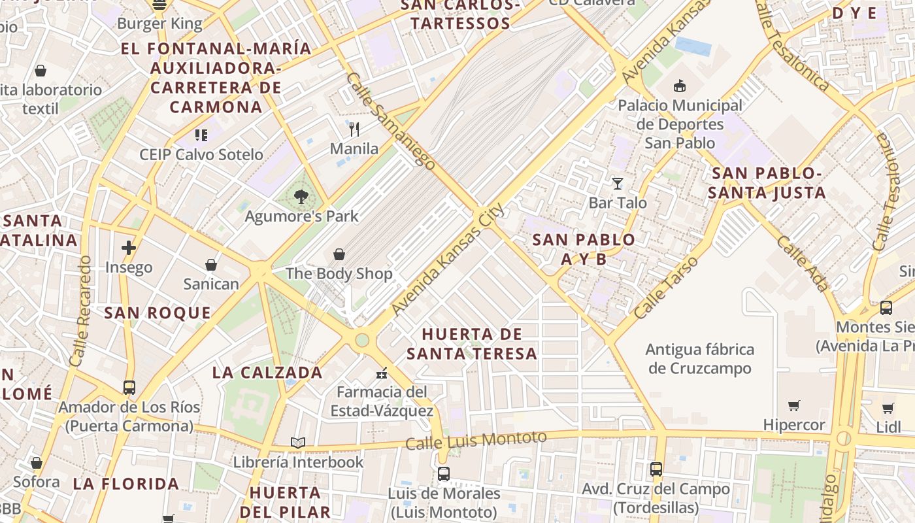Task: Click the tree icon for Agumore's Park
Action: tap(301, 196)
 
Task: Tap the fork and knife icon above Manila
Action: tap(354, 129)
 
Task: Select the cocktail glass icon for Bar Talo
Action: tap(617, 183)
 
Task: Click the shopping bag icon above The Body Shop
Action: tap(339, 254)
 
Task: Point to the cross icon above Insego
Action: tap(129, 248)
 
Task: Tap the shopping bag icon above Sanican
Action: tap(210, 265)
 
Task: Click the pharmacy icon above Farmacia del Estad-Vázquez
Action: tap(382, 373)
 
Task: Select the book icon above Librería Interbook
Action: tap(298, 443)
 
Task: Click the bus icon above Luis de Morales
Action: tap(444, 474)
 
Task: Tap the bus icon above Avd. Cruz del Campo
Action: tap(656, 469)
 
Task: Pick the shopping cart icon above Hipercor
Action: tap(794, 406)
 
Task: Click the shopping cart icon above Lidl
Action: tap(888, 409)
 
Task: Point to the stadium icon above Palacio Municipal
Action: tap(680, 86)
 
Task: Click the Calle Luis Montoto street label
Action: tap(476, 440)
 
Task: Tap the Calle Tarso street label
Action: tap(667, 288)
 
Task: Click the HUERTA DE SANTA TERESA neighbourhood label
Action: tap(471, 344)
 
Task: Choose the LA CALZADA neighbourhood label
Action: tap(267, 373)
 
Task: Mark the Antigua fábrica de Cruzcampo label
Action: tap(699, 359)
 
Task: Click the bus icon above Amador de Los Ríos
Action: tap(129, 388)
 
